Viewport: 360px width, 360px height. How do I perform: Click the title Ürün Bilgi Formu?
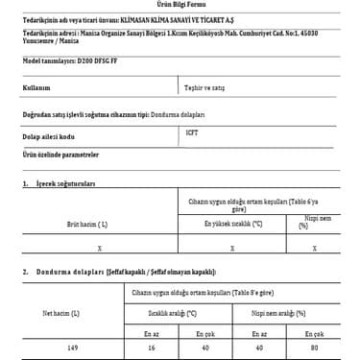point(181,4)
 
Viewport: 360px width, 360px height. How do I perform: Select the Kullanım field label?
point(36,85)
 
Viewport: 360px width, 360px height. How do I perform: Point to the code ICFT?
point(192,132)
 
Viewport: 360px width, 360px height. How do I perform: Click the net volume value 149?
point(60,349)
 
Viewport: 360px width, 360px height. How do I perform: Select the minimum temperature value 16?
point(151,349)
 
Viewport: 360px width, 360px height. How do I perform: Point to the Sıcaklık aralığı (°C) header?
point(172,312)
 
